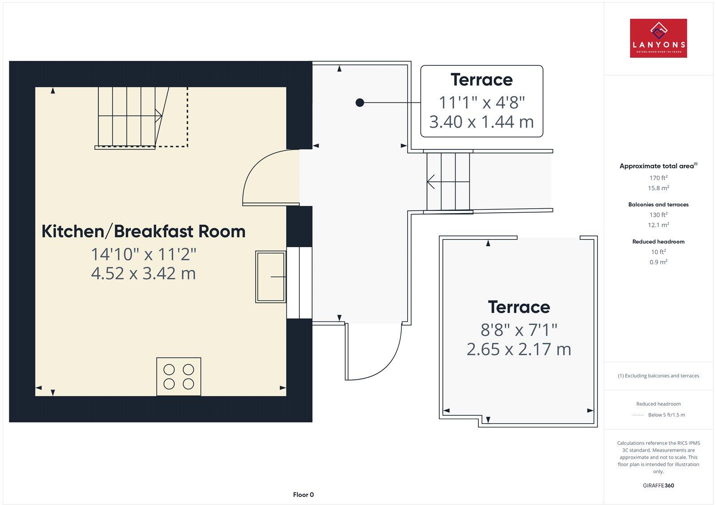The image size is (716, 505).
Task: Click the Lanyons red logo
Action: pyautogui.click(x=658, y=38)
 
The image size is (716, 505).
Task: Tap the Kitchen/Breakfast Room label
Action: pyautogui.click(x=143, y=231)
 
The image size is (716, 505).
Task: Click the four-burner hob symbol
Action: pyautogui.click(x=179, y=377)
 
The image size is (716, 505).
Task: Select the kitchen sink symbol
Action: pyautogui.click(x=270, y=277)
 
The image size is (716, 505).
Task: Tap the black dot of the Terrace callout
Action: pyautogui.click(x=360, y=103)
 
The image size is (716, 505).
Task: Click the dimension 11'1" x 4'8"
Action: pyautogui.click(x=482, y=103)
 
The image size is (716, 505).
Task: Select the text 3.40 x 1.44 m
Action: pyautogui.click(x=482, y=122)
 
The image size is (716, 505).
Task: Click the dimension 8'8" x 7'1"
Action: pyautogui.click(x=519, y=330)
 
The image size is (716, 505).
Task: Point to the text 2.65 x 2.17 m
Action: pyautogui.click(x=519, y=349)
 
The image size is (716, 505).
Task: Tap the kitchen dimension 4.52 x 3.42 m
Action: pyautogui.click(x=143, y=273)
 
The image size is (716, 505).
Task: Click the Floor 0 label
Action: pyautogui.click(x=303, y=495)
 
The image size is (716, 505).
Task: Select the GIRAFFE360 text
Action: pyautogui.click(x=658, y=485)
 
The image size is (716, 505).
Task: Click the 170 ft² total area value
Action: pyautogui.click(x=658, y=178)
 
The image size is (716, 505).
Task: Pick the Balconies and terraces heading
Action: pyautogui.click(x=658, y=205)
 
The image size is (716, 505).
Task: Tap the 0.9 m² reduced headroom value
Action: pyautogui.click(x=658, y=262)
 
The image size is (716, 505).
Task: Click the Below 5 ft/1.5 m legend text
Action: pyautogui.click(x=666, y=415)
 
